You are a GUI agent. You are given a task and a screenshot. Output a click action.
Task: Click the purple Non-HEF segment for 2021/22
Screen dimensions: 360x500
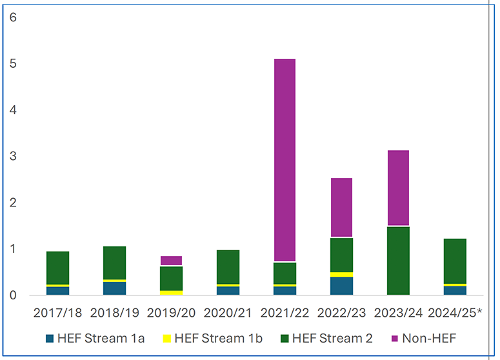coord(285,160)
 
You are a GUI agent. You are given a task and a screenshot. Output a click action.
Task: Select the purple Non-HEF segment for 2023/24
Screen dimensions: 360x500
coord(397,188)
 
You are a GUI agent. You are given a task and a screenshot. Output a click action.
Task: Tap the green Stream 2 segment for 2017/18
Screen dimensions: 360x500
coord(58,268)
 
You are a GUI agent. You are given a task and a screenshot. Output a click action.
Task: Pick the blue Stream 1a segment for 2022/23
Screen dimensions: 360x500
coord(341,286)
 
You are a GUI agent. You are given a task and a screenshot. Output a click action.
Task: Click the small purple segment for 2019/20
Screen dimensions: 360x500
coord(171,261)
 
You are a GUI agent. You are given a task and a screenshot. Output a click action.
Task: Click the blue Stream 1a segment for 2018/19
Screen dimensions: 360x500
coord(114,288)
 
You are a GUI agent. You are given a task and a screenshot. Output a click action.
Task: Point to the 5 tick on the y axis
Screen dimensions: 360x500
coord(12,64)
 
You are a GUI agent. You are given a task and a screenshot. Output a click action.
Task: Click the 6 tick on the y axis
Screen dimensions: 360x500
coord(12,17)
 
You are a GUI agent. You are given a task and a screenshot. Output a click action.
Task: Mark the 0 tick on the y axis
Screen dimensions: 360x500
coord(12,295)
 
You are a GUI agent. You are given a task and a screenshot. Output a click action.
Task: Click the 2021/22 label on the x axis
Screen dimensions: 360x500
coord(285,313)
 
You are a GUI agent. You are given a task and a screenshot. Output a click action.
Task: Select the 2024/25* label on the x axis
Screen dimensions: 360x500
coord(457,313)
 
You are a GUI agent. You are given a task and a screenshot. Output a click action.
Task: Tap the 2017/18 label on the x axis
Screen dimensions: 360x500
coord(58,313)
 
